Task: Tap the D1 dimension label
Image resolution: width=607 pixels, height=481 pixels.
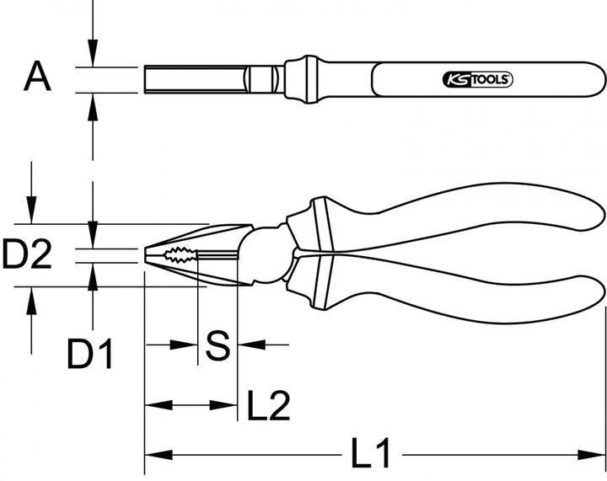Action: (x=91, y=355)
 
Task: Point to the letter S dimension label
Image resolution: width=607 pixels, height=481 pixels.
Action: (x=218, y=345)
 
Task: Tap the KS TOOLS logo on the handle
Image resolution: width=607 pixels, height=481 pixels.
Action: (x=477, y=80)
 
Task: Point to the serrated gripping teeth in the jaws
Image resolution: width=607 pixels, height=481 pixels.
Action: (x=180, y=255)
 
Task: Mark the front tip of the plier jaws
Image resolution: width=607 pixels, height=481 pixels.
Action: (x=148, y=255)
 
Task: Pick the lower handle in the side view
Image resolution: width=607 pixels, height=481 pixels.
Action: (x=455, y=295)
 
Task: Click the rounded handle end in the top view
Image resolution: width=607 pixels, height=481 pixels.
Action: (x=594, y=80)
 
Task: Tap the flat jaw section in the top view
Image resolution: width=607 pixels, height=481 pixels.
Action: (x=194, y=80)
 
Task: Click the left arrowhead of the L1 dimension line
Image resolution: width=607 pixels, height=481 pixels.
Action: (x=152, y=456)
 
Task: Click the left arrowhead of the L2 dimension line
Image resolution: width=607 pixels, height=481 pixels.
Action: (x=153, y=407)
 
